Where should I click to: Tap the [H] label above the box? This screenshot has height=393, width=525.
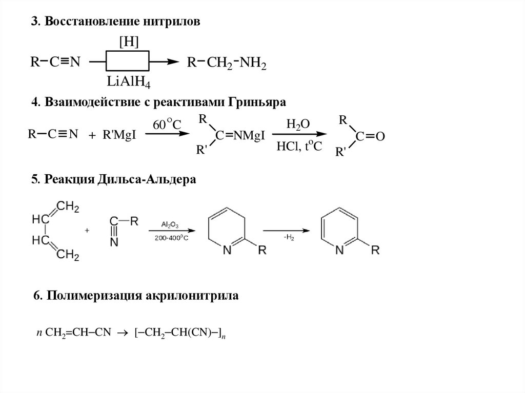pyautogui.click(x=128, y=43)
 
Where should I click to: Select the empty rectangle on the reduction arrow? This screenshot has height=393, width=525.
pyautogui.click(x=128, y=61)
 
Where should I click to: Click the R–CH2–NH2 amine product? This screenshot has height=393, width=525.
pyautogui.click(x=226, y=63)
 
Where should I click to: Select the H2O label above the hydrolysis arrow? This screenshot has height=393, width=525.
pyautogui.click(x=298, y=124)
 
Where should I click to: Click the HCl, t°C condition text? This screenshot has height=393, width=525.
pyautogui.click(x=299, y=147)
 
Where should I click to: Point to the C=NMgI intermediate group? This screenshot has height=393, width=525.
pyautogui.click(x=239, y=136)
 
